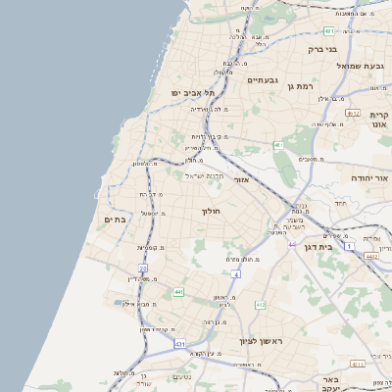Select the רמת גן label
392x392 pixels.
298,86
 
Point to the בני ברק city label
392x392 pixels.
322,48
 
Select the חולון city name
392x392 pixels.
212,211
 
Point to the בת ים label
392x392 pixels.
116,220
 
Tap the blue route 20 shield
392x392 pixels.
143,268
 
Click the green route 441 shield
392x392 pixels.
177,292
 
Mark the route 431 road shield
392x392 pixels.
180,344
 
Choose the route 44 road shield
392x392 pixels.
291,244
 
